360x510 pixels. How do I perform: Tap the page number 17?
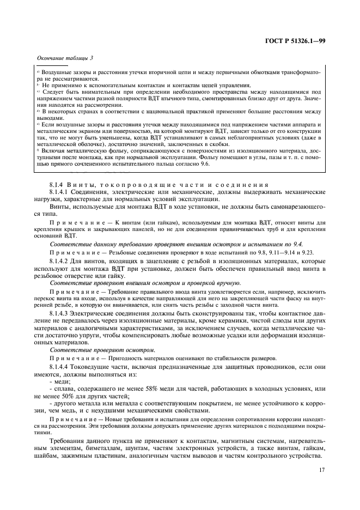tap(321, 467)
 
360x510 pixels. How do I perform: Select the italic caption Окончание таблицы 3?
tap(65, 59)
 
